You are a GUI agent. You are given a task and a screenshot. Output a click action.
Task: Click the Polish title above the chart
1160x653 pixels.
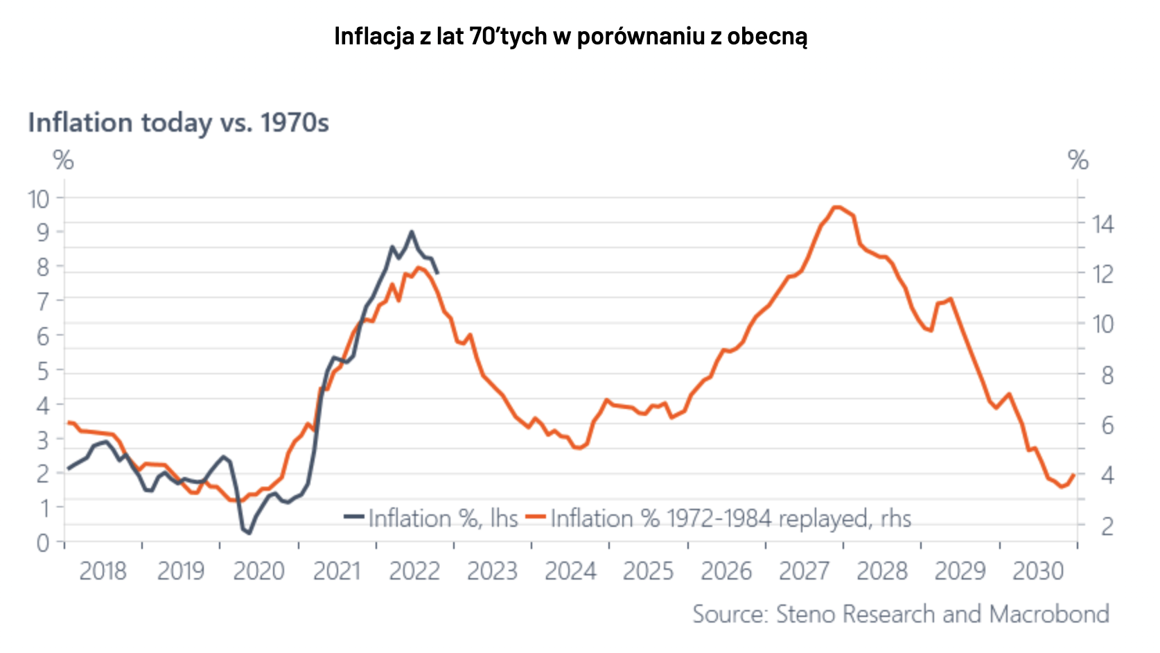(570, 36)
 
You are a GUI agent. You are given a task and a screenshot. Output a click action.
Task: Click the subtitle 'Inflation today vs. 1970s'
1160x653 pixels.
(178, 123)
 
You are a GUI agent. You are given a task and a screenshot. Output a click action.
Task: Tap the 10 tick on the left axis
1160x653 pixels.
(39, 199)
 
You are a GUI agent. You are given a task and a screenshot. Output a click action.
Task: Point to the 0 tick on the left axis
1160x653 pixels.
(43, 542)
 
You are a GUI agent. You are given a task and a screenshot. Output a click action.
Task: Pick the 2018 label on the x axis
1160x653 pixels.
(103, 571)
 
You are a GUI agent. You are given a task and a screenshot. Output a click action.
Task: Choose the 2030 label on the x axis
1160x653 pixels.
(1037, 571)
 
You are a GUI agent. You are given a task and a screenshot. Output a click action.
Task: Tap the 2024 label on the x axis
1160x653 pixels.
(570, 571)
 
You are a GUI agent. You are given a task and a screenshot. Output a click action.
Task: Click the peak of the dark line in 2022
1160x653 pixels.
(412, 232)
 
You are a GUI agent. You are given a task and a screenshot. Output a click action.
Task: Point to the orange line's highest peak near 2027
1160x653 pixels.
(836, 207)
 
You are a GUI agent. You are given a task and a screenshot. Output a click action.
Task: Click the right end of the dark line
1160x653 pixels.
(437, 272)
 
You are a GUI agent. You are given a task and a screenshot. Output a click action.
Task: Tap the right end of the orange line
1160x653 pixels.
(1073, 475)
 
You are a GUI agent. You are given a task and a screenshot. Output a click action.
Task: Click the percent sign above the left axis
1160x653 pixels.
(64, 161)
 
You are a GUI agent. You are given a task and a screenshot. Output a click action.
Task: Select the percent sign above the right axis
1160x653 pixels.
(1078, 161)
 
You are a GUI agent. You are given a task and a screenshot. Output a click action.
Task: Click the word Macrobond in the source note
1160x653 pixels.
(1049, 614)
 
